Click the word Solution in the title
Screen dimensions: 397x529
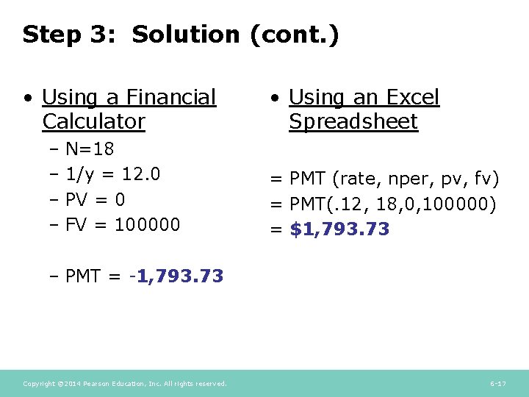pos(186,35)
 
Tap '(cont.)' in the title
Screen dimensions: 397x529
pos(295,35)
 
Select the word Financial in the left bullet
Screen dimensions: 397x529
pos(171,97)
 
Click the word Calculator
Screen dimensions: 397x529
pos(93,121)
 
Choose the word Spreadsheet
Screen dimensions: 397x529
pos(353,121)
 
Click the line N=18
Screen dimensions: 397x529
pos(90,150)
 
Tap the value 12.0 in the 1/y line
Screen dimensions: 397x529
pos(141,174)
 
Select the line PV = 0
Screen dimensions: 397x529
pos(95,199)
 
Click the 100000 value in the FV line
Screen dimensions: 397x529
pos(147,224)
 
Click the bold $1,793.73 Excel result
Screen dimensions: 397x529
pos(339,229)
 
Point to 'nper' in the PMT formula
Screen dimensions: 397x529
pos(408,179)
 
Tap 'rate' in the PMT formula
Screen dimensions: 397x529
pos(361,179)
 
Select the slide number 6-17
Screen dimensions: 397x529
pos(497,384)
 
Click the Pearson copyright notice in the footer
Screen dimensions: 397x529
pos(125,384)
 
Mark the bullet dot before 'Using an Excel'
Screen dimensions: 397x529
pos(273,98)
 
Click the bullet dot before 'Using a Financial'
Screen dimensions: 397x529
pos(26,98)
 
